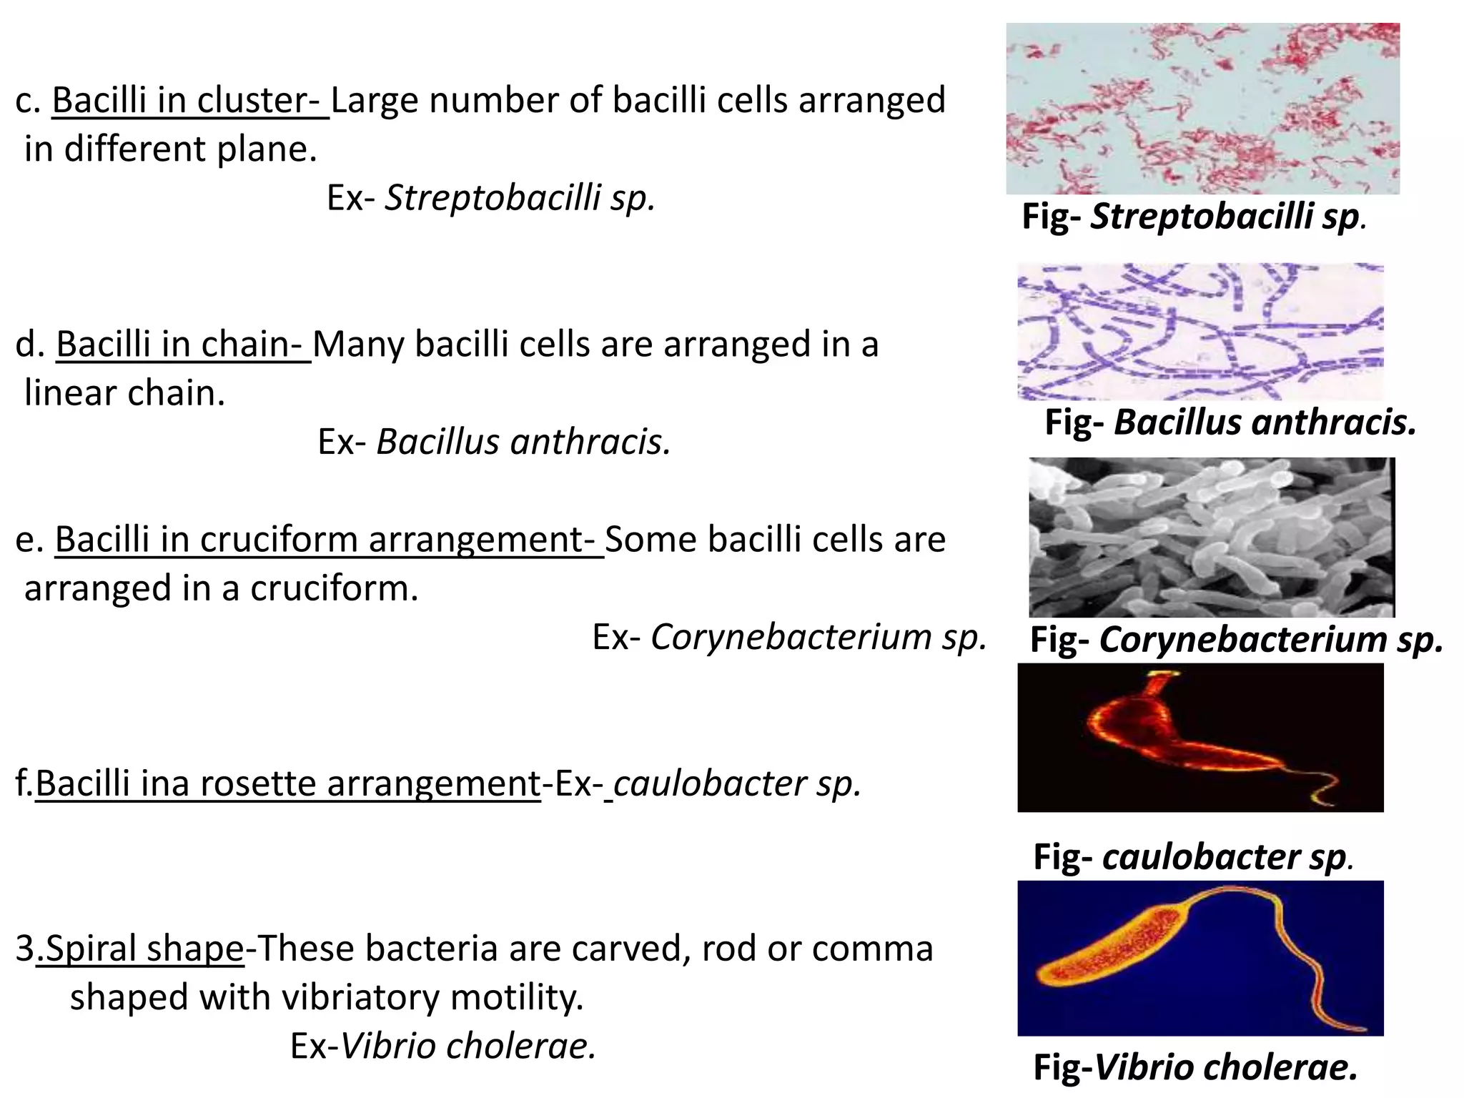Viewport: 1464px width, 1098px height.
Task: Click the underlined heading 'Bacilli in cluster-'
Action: tap(189, 100)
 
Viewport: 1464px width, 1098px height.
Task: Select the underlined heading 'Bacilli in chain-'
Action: tap(183, 345)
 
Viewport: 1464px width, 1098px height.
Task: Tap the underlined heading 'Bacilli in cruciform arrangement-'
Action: tap(329, 540)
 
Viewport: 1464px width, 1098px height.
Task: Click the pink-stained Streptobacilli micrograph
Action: tap(1202, 109)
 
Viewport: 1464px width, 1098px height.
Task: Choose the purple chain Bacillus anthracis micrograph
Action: tap(1200, 332)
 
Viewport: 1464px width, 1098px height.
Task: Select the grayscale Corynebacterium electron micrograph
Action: tap(1212, 538)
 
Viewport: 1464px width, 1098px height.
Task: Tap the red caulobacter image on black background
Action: tap(1200, 738)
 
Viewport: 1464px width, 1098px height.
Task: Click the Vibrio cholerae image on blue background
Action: tap(1200, 958)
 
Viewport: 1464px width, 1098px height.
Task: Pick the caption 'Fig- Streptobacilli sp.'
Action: tap(1194, 217)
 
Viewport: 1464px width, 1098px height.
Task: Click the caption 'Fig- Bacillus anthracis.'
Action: tap(1230, 422)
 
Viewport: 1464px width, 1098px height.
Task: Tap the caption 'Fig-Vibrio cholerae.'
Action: tap(1195, 1068)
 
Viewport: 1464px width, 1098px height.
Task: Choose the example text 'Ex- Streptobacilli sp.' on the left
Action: tap(491, 198)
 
